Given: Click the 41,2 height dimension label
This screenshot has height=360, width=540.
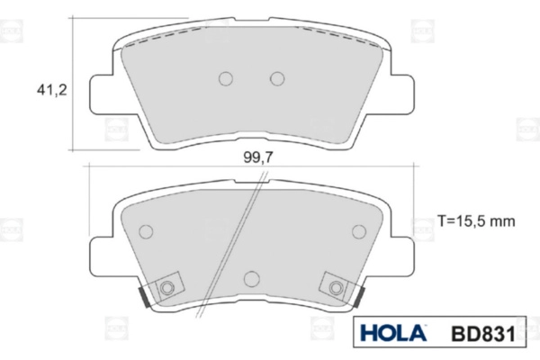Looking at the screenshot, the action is point(52,91).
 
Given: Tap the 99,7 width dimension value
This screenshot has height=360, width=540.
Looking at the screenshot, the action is point(258,157).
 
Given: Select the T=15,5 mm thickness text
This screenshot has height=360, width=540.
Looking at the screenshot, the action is point(476,220).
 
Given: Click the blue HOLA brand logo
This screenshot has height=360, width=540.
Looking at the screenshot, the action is point(393,333).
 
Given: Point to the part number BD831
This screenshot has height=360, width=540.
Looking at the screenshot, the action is point(483,334).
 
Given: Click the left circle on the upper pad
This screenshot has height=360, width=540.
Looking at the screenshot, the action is point(226,78).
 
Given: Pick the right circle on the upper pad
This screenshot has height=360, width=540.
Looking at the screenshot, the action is point(277,78).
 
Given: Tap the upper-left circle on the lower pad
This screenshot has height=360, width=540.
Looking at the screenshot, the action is point(146,231).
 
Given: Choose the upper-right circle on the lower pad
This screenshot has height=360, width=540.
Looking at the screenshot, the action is point(359,231).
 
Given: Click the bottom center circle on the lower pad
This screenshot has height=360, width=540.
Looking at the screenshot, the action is point(252,278).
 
